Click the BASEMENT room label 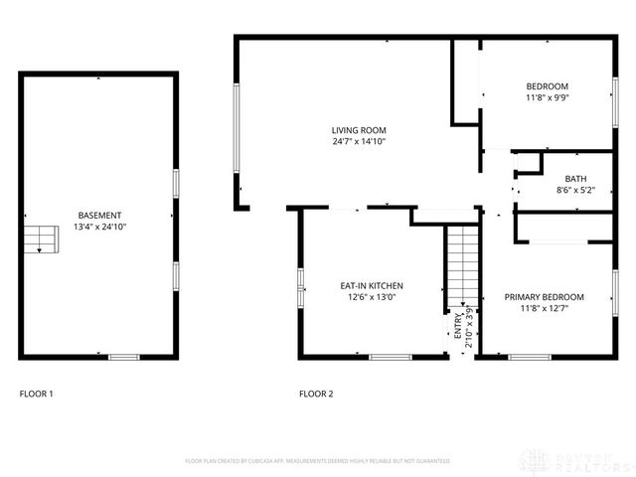[x=99, y=216]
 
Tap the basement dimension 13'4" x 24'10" [x=99, y=227]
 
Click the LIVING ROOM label [x=359, y=130]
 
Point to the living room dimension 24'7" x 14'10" [x=359, y=141]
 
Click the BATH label [x=576, y=178]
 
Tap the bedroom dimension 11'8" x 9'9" [x=547, y=97]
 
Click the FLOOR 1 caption [x=37, y=394]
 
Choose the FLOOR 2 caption [x=316, y=394]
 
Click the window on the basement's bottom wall [x=123, y=357]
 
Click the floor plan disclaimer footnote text [x=318, y=461]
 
